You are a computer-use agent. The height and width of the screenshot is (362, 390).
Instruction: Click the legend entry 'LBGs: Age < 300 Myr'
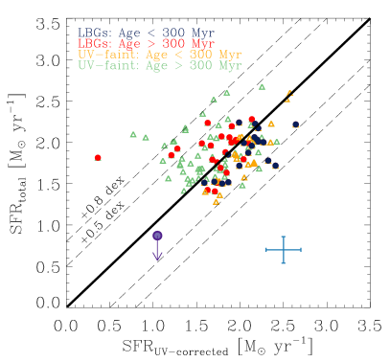[146, 33]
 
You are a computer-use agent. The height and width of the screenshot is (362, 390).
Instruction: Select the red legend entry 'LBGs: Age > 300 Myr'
[146, 44]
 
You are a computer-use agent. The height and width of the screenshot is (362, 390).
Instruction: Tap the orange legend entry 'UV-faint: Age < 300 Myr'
[159, 55]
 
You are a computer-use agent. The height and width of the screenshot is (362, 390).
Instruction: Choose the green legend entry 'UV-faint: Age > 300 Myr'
[159, 66]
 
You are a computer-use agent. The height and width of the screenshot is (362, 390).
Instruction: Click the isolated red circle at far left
[98, 157]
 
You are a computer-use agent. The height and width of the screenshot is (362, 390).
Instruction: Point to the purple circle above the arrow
[157, 236]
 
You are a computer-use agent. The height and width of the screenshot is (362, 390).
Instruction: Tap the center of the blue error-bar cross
[284, 250]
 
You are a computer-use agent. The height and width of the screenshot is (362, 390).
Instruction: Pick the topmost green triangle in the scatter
[262, 86]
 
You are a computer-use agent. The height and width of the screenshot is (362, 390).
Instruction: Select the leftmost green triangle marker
[133, 135]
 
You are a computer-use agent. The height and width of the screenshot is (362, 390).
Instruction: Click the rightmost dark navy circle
[296, 124]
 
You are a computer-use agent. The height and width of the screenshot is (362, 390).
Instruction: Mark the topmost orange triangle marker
[287, 94]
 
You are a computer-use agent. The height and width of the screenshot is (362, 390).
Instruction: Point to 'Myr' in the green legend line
[229, 66]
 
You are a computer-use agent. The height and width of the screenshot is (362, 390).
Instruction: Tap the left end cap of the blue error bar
[266, 250]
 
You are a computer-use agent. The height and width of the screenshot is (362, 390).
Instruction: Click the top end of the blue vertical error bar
[284, 237]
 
